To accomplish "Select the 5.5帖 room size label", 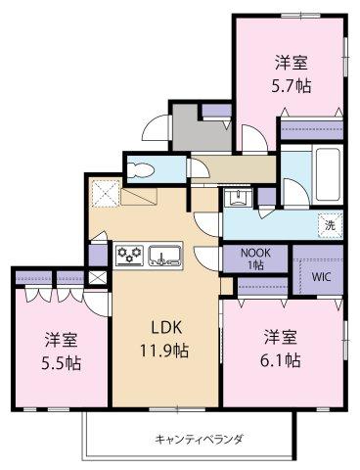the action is click(x=62, y=362).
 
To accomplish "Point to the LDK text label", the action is click(x=165, y=327).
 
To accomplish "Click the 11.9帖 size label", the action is click(x=165, y=349).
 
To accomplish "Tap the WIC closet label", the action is click(x=322, y=276).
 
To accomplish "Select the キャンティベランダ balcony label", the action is click(x=199, y=438).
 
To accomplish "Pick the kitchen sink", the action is click(x=164, y=258).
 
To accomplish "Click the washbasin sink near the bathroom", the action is click(x=237, y=201).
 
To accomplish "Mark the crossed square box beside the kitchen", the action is click(x=97, y=277).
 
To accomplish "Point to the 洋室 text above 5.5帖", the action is click(x=62, y=341).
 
